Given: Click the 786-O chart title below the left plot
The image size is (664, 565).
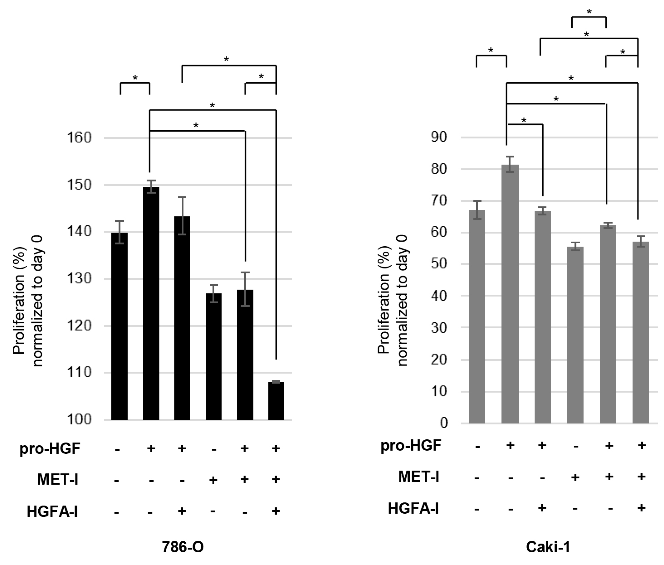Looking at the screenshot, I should tap(183, 547).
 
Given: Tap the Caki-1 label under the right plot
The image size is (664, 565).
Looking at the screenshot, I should tap(548, 547).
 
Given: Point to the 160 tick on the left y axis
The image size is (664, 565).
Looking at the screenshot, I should tap(79, 138).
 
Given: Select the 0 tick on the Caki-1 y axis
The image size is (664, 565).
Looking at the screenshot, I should tap(444, 423).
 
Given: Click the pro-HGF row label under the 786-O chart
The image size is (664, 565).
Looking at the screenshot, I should tap(50, 448).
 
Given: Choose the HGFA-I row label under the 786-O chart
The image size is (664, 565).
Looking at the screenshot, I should tap(52, 511).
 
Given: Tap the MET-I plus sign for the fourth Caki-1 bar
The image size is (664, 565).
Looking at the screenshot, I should tap(575, 477).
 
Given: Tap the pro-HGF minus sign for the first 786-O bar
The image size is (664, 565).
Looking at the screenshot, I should tap(117, 449).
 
